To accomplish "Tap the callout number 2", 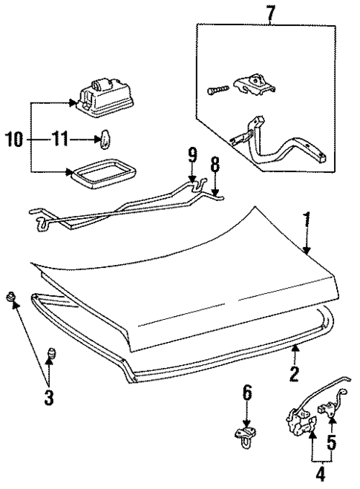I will click(x=294, y=374).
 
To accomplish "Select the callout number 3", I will click(x=48, y=397).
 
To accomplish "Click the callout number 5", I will click(x=332, y=443).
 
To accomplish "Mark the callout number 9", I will click(x=192, y=156).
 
